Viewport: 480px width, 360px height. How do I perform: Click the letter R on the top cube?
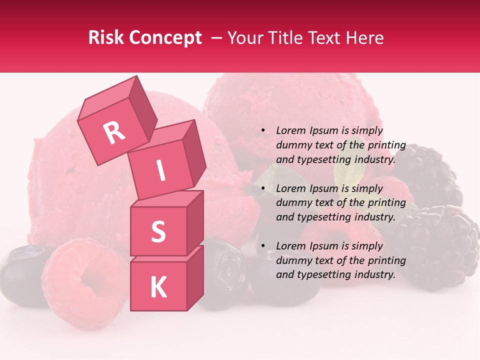pyautogui.click(x=114, y=133)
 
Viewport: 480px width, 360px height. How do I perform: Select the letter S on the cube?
pyautogui.click(x=158, y=231)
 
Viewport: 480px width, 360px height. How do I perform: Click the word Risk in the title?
pyautogui.click(x=105, y=38)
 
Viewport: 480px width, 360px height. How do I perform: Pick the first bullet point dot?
pyautogui.click(x=263, y=131)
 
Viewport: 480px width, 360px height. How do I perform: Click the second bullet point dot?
pyautogui.click(x=263, y=189)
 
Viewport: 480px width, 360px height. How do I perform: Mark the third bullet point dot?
pyautogui.click(x=263, y=246)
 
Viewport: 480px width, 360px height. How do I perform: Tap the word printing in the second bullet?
pyautogui.click(x=386, y=203)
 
